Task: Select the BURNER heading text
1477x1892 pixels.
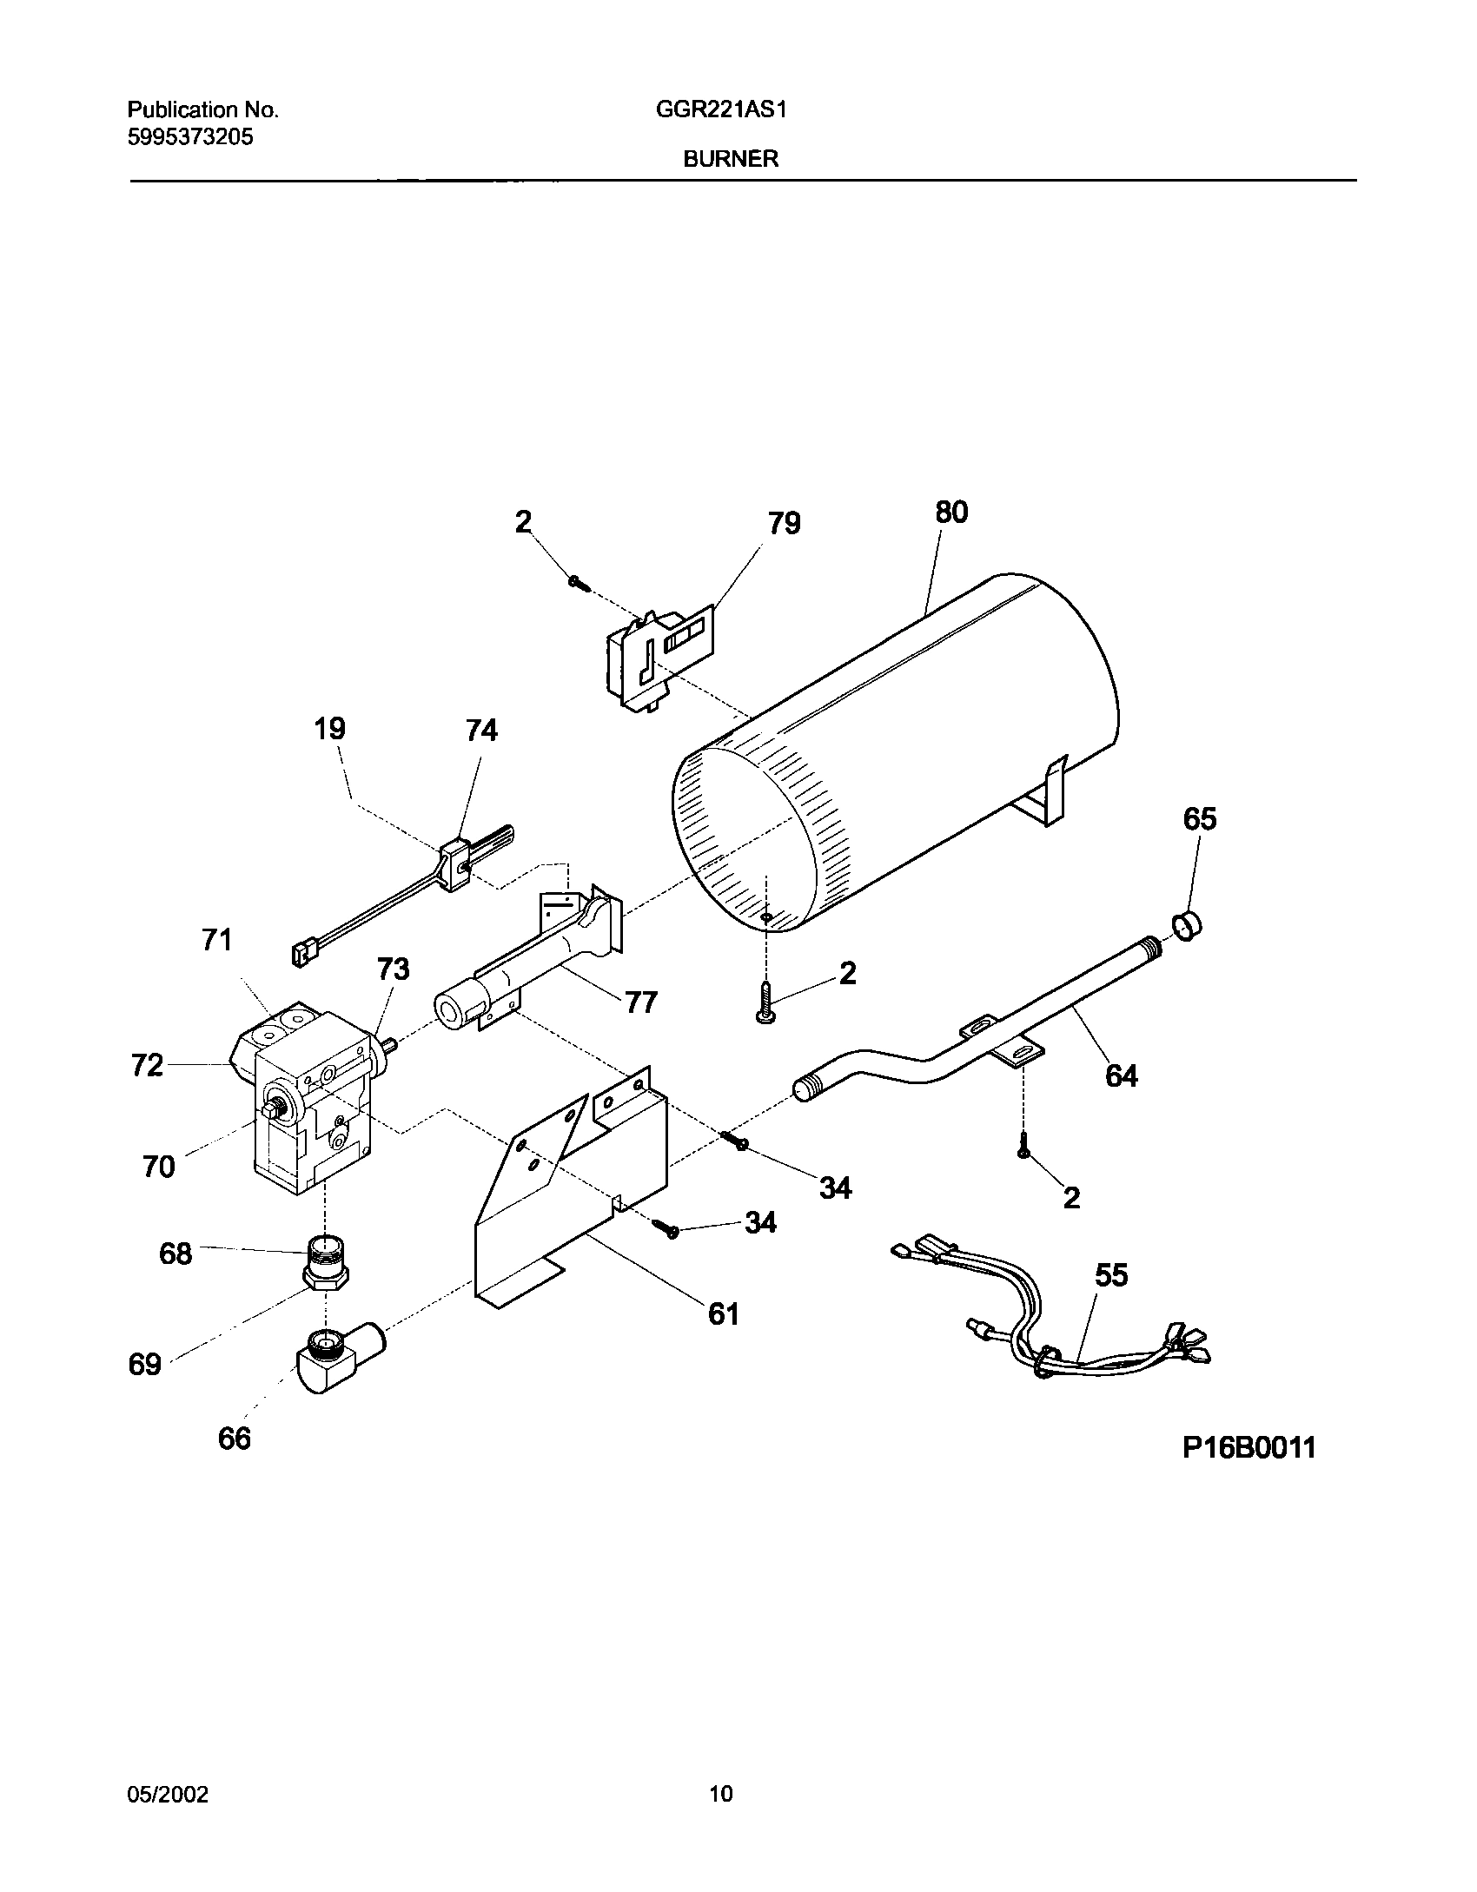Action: pos(731,159)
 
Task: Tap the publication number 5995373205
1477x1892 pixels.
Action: pos(190,136)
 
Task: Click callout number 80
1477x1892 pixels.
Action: pos(950,513)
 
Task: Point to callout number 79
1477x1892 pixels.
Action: pos(784,524)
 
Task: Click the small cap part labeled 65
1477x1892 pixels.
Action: pos(1188,927)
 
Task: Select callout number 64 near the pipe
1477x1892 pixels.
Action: pos(1122,1075)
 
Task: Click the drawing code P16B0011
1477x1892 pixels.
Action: pos(1248,1447)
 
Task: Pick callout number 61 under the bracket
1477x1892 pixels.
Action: pos(724,1314)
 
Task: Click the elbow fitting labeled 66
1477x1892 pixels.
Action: pos(334,1361)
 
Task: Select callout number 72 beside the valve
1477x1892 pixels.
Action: pos(147,1065)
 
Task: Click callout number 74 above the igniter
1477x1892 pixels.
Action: pos(481,731)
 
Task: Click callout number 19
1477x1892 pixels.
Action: pos(329,728)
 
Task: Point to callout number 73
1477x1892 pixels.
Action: pos(393,969)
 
